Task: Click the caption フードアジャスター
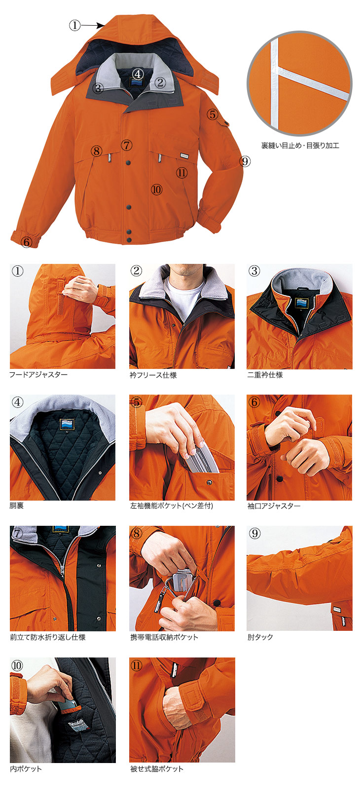[x=38, y=374]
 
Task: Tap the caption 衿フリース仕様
[x=153, y=375]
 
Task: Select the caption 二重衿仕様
[x=265, y=375]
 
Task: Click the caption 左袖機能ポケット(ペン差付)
[x=172, y=506]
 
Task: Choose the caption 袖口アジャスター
[x=274, y=506]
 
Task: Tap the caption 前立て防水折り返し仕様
[x=48, y=637]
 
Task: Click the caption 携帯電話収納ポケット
[x=164, y=637]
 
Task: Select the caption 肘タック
[x=260, y=637]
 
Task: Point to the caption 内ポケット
[x=26, y=768]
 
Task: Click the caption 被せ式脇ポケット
[x=157, y=768]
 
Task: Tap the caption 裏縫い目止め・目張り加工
[x=300, y=146]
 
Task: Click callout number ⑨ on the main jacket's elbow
[x=245, y=161]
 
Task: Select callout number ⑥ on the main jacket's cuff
[x=27, y=242]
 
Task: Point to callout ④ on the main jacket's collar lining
[x=138, y=74]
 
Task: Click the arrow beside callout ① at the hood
[x=92, y=26]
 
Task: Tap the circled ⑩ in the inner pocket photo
[x=17, y=665]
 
